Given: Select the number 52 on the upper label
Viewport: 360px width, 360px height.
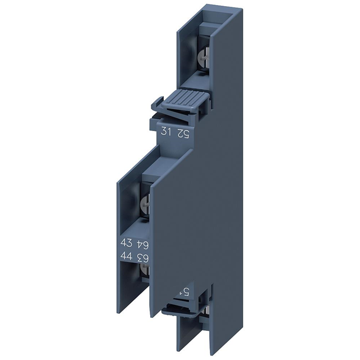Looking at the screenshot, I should (x=183, y=133).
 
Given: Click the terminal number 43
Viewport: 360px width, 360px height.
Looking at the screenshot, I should (x=128, y=243).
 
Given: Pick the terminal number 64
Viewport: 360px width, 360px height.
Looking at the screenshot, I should (x=146, y=243).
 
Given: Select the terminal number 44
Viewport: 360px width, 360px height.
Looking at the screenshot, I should (x=128, y=258).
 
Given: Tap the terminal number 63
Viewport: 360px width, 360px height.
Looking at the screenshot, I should (x=146, y=258).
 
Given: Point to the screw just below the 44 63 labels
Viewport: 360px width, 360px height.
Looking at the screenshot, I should (x=145, y=272).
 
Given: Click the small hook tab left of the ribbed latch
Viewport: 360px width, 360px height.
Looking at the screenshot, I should (x=159, y=104).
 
